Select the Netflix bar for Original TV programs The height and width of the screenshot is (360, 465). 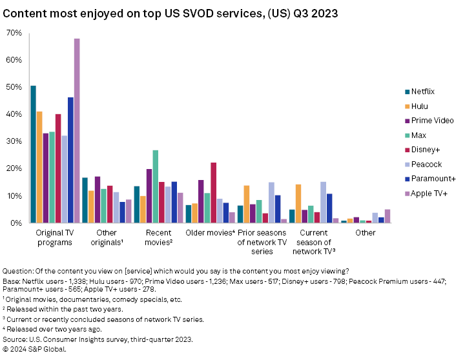click(x=33, y=154)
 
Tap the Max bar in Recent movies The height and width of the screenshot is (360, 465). click(x=155, y=186)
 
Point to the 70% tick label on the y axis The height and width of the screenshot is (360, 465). click(x=14, y=33)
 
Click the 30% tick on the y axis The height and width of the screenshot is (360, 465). click(x=14, y=141)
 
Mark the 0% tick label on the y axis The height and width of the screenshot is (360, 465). click(x=16, y=223)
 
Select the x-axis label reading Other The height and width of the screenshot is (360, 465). click(x=365, y=233)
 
